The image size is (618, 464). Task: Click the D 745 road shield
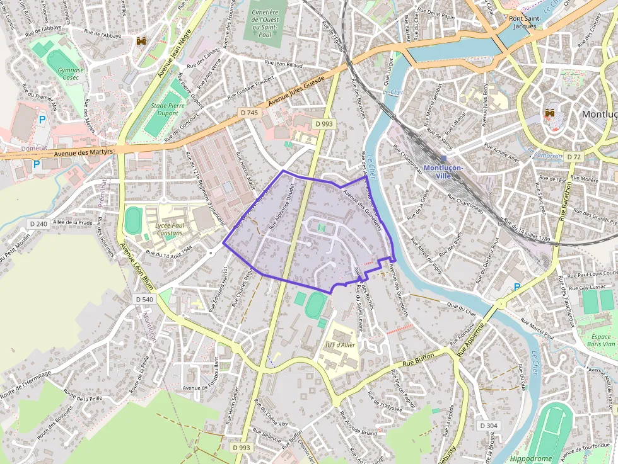(250, 113)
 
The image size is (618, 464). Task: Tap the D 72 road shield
(573, 156)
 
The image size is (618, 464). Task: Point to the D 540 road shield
(144, 300)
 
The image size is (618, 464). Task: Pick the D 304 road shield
(488, 426)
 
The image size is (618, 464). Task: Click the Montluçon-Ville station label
(443, 172)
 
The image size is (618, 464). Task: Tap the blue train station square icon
(443, 159)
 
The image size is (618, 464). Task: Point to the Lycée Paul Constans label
(168, 229)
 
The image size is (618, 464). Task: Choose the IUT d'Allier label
(340, 345)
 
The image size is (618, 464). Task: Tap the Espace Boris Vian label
(600, 341)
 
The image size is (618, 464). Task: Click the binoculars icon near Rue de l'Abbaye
(141, 41)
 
